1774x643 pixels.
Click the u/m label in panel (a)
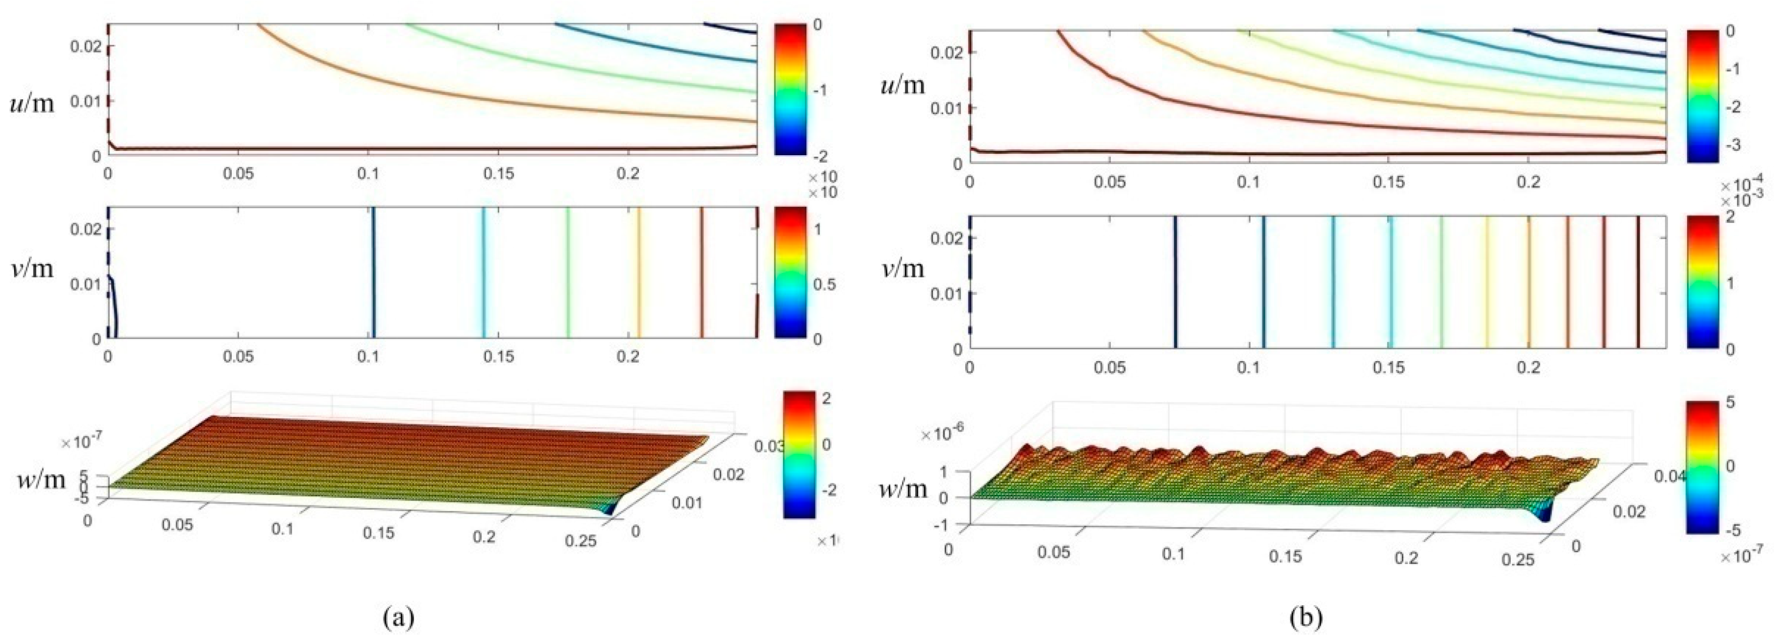(x=32, y=105)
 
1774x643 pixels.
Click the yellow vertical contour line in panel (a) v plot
(x=638, y=272)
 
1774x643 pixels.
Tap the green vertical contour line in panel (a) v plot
(x=568, y=272)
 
